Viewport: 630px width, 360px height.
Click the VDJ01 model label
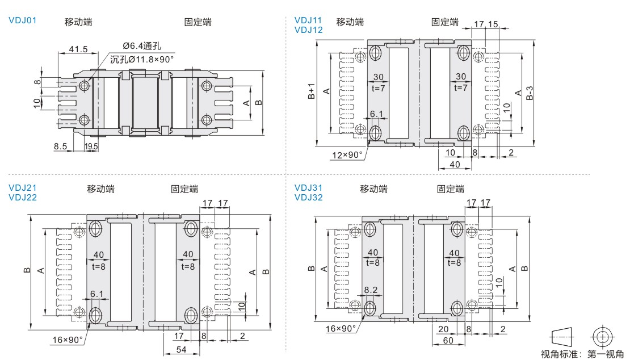click(23, 21)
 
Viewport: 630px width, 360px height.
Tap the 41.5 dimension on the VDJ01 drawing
click(78, 49)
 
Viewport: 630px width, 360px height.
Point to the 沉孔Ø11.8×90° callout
click(142, 59)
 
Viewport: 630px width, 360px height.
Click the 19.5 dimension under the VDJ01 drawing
click(91, 146)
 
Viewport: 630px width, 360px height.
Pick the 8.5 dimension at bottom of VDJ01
click(61, 146)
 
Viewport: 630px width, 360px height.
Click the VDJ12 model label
click(308, 30)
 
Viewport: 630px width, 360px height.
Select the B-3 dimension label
click(529, 92)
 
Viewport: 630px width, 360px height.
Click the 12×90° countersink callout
click(347, 154)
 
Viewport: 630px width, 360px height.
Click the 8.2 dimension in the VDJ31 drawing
click(371, 290)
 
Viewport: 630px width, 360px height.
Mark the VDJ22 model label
click(23, 197)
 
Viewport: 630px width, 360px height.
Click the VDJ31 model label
click(308, 188)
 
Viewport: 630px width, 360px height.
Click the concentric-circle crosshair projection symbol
click(602, 336)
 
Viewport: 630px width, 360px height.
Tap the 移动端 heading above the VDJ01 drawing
click(78, 22)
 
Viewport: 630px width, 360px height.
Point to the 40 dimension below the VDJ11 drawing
click(455, 164)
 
